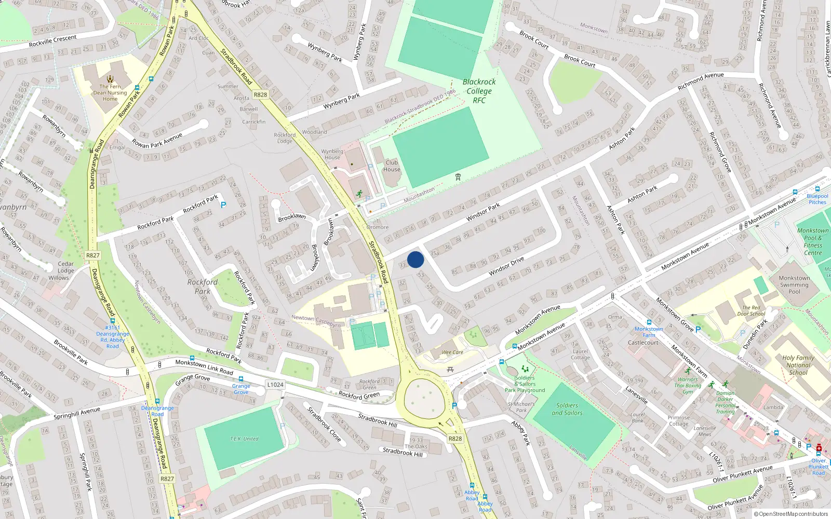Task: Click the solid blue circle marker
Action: point(415,259)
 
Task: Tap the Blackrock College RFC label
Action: point(479,91)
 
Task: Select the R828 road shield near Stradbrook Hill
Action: point(455,439)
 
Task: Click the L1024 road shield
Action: point(275,385)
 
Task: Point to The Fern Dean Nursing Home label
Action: point(110,93)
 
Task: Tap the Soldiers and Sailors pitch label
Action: point(567,409)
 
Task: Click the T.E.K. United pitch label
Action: point(244,439)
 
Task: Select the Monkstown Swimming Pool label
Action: point(794,285)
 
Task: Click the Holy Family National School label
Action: point(798,365)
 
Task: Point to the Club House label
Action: point(392,166)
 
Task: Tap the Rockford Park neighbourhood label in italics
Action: point(203,286)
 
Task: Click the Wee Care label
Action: point(452,352)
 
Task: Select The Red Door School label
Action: point(751,310)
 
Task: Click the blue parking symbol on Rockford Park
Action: point(223,205)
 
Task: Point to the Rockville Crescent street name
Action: point(52,40)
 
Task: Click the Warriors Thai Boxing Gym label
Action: point(688,386)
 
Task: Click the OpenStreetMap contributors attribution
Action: point(793,514)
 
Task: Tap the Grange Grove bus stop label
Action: point(241,389)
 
